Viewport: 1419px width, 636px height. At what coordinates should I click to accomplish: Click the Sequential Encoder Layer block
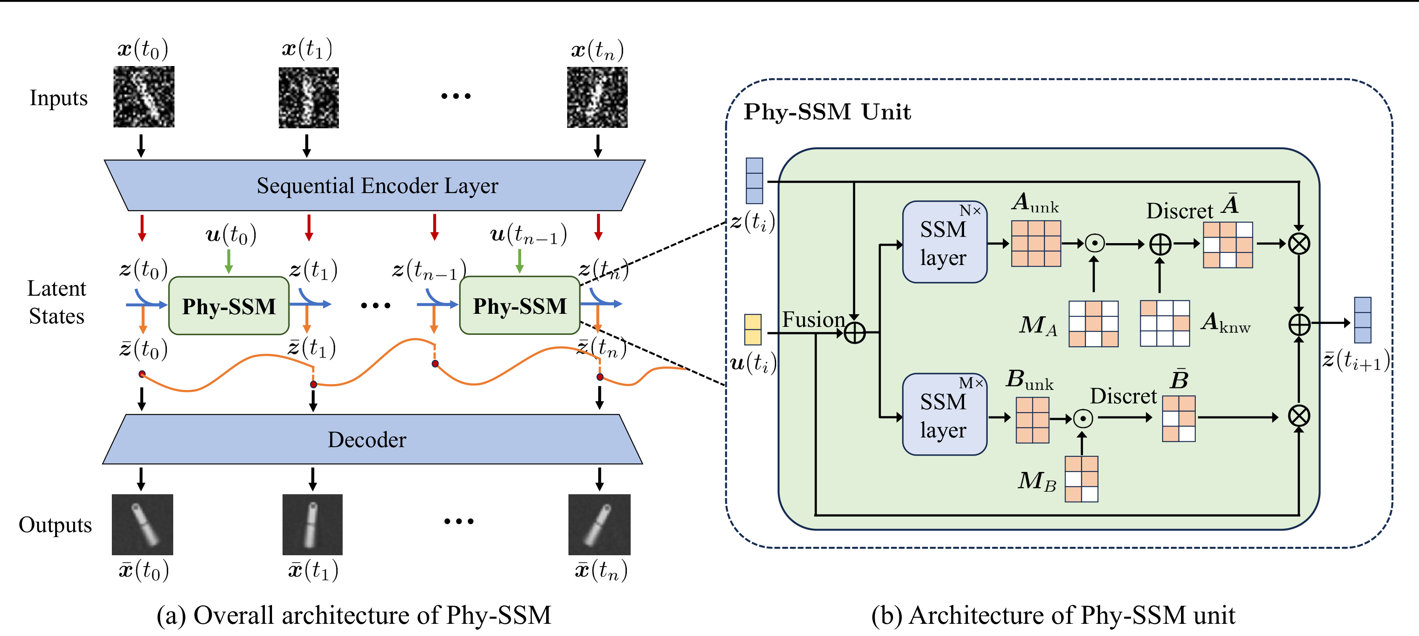coord(375,186)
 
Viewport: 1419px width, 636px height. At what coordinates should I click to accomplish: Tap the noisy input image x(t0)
coord(144,97)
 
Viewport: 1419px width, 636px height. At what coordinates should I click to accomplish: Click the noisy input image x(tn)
coord(597,98)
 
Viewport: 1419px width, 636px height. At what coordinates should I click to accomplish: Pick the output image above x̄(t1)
coord(312,524)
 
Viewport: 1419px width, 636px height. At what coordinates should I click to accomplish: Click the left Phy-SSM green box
coord(229,306)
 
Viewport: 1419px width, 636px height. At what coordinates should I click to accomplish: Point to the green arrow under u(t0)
coord(229,261)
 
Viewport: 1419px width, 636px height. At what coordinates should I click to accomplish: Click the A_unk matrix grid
coord(1036,244)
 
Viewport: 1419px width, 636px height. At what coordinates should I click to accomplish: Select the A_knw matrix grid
coord(1165,323)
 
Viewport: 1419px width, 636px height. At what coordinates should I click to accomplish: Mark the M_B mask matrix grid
coord(1081,479)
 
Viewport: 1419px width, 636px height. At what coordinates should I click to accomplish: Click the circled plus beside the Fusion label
coord(854,333)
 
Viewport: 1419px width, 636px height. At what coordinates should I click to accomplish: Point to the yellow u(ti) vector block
coord(753,329)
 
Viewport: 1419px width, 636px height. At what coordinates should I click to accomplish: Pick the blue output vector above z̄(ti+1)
coord(1362,320)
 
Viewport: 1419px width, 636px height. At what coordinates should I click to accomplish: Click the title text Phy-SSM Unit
coord(827,112)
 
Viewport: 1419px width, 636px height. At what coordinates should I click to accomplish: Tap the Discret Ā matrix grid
coord(1228,245)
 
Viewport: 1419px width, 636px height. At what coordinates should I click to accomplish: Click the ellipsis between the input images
coord(456,96)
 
